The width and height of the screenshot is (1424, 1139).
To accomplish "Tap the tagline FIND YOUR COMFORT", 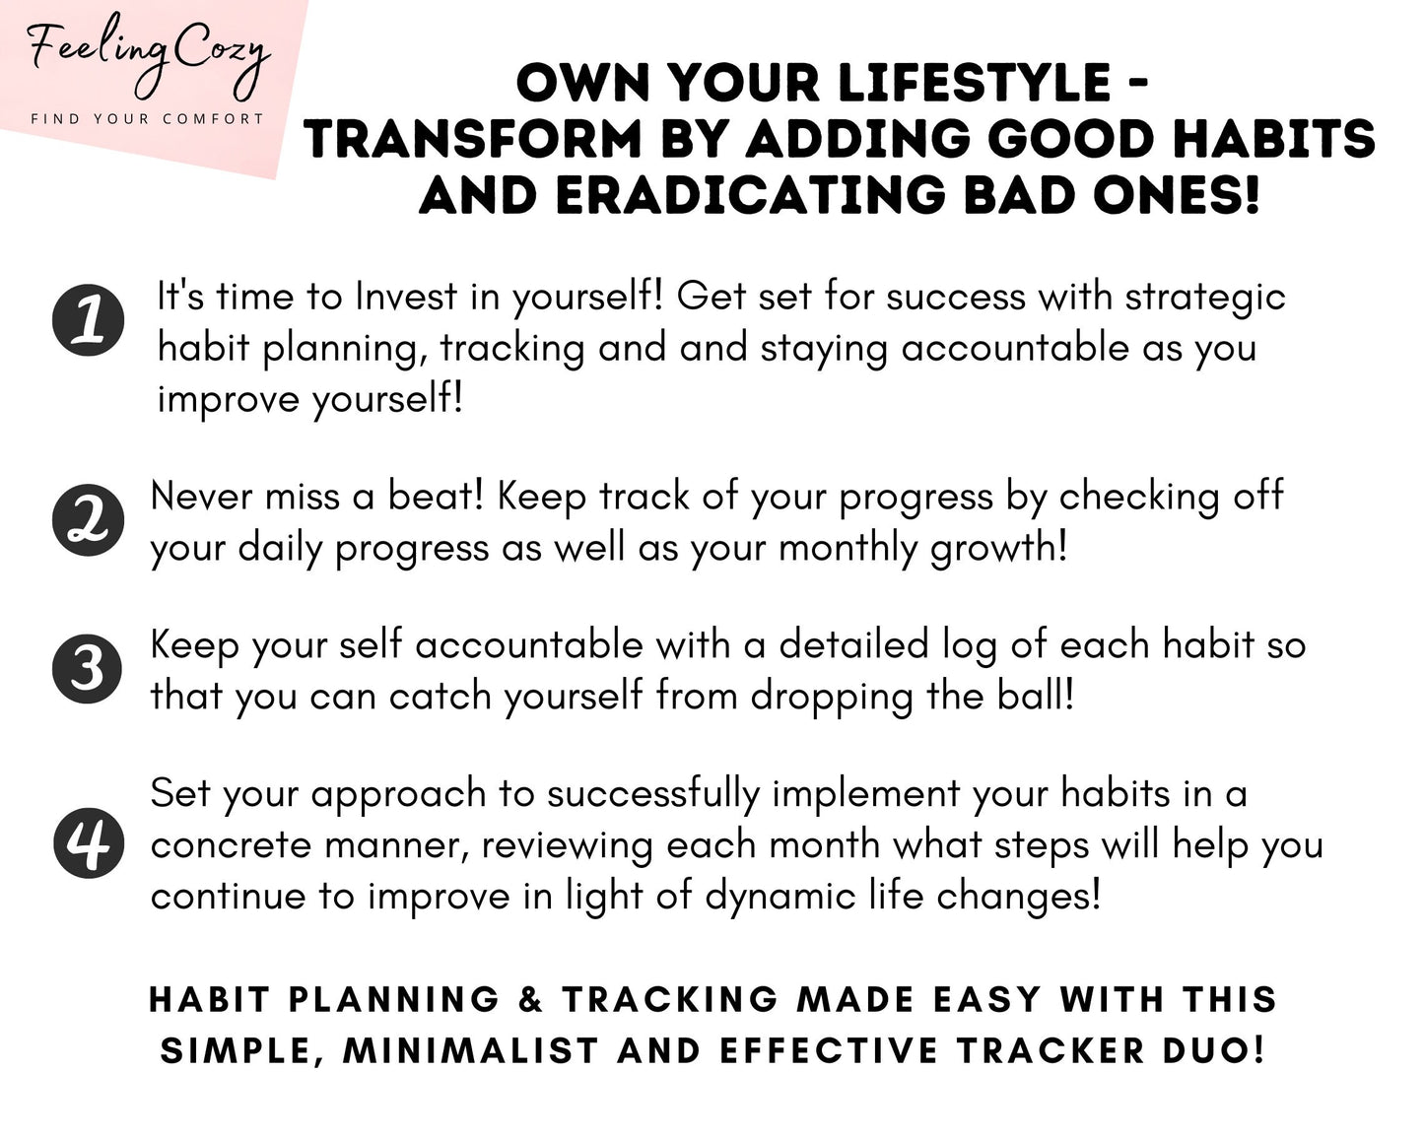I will click(x=148, y=119).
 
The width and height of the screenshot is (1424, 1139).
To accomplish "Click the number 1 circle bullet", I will click(x=89, y=321).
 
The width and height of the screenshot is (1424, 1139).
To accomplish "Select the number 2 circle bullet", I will click(x=89, y=520).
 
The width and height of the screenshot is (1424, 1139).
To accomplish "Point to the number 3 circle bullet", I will click(x=89, y=669).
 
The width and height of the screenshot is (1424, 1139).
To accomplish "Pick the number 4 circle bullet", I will click(x=89, y=843).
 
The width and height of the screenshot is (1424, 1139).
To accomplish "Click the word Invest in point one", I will click(x=406, y=297).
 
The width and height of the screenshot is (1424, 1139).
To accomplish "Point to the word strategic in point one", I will click(x=1205, y=297).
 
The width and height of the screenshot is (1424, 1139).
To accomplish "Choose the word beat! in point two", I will click(x=436, y=497).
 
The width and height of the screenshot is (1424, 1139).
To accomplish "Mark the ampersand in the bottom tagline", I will click(x=530, y=999).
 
